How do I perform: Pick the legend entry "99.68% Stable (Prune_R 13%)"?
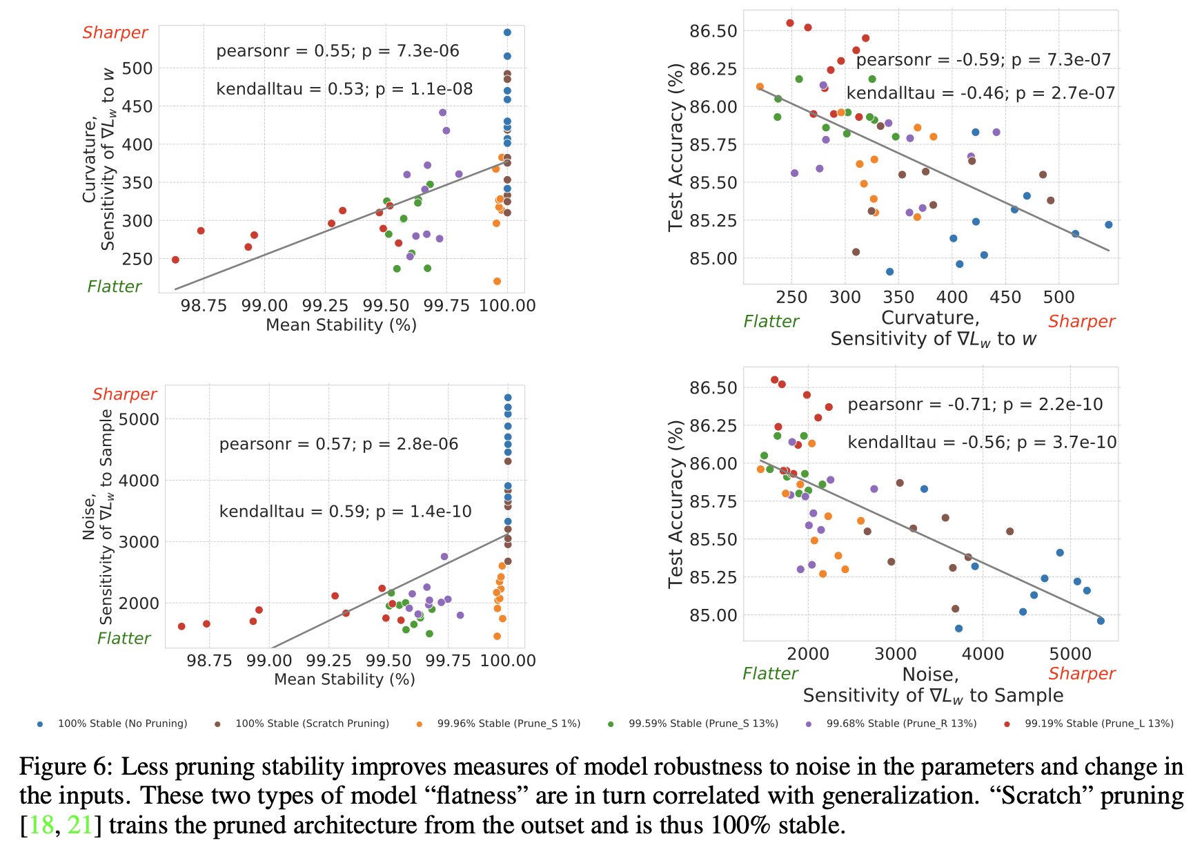[901, 724]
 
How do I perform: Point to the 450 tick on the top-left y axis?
[137, 106]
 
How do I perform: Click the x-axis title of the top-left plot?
[341, 325]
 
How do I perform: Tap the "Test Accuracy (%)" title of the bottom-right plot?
[676, 503]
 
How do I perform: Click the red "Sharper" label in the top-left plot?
[115, 33]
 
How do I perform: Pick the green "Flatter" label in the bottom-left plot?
[124, 639]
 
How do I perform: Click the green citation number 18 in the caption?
[41, 825]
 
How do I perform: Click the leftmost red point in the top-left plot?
[175, 260]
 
